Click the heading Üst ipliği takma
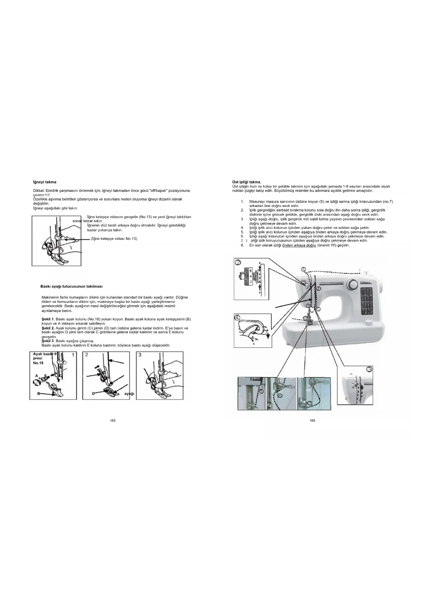coord(247,182)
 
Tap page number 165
coord(113,420)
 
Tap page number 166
coord(312,420)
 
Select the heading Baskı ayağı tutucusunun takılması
coord(71,286)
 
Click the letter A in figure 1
coord(37,376)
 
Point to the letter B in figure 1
coord(39,394)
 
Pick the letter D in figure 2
coord(93,393)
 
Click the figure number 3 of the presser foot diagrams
coord(140,355)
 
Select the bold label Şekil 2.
coord(48,328)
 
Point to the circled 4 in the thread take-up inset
coord(238,317)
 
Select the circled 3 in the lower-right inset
coord(369,369)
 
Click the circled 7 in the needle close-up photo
coord(309,403)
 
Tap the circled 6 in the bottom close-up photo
coord(280,395)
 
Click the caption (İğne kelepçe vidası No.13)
coord(114,238)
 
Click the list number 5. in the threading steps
coord(242,232)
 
